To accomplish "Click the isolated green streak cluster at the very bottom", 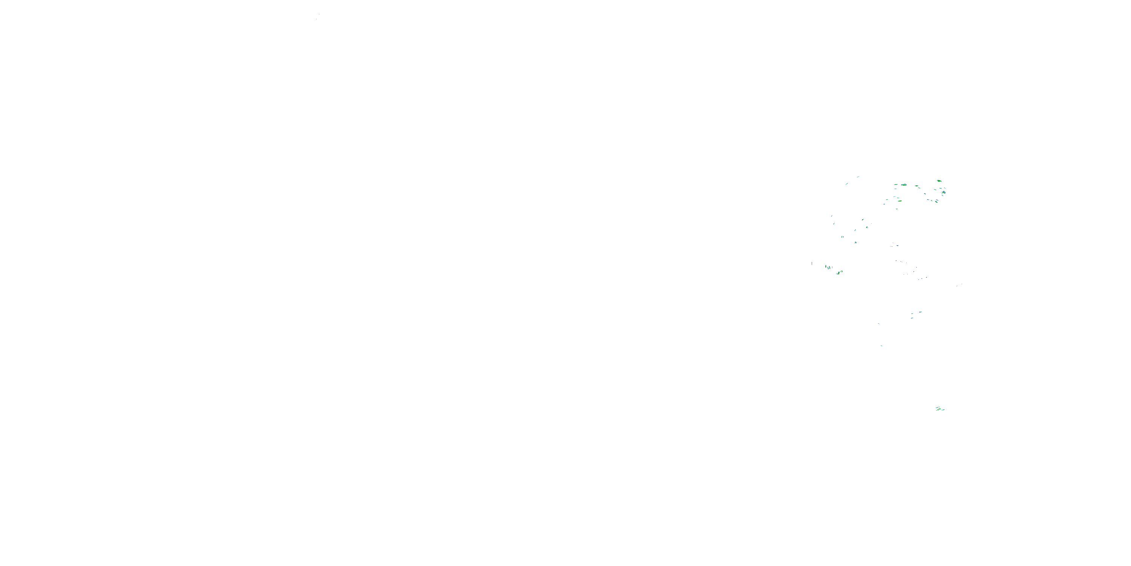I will click(x=939, y=409).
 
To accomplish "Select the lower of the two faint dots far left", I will click(x=317, y=19).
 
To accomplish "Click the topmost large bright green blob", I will click(x=939, y=181).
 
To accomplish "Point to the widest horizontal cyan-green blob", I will click(x=904, y=185).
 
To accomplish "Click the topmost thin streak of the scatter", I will click(x=858, y=177).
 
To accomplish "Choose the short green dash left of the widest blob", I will click(x=896, y=185).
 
